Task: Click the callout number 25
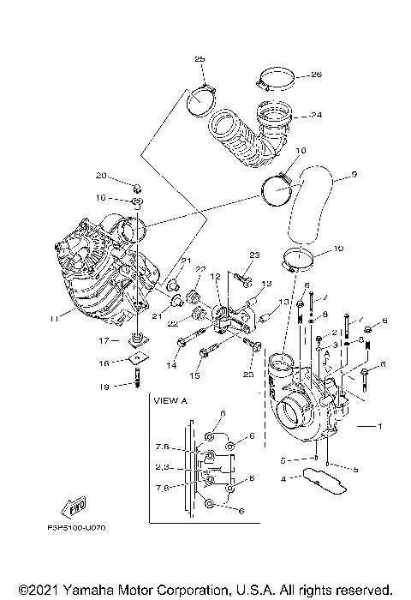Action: point(200,58)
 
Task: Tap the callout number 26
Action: point(315,74)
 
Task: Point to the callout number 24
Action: point(316,114)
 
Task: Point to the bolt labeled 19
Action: point(136,377)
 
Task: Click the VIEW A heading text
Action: point(170,399)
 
